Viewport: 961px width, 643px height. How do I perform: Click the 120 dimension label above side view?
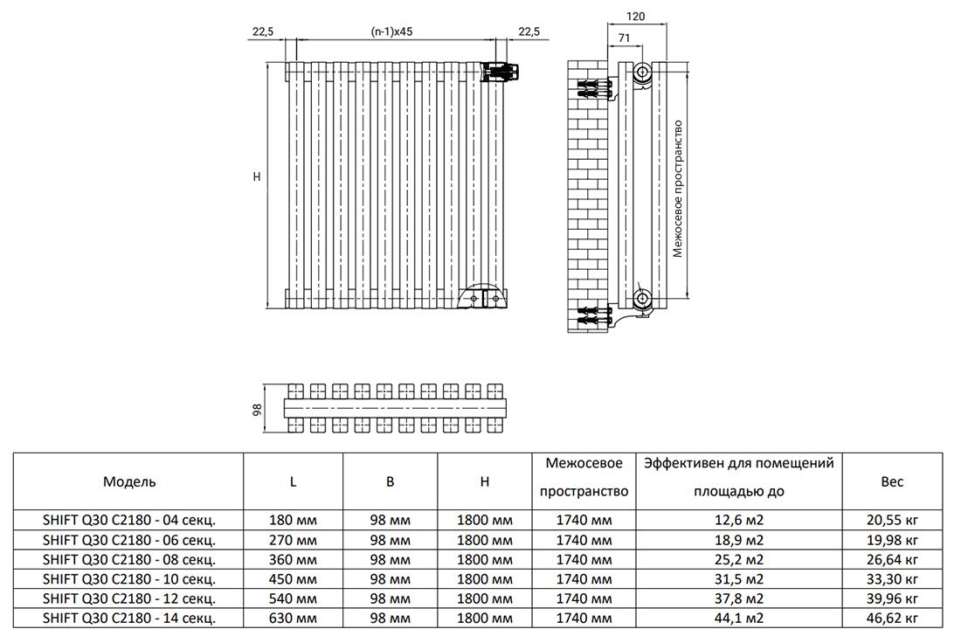point(635,17)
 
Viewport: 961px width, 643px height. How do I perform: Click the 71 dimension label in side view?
point(624,38)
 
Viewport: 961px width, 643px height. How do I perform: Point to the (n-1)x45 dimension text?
point(391,31)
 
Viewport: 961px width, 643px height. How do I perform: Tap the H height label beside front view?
point(257,176)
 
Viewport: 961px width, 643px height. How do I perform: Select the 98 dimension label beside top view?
point(258,410)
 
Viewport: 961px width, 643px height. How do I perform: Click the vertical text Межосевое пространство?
point(677,188)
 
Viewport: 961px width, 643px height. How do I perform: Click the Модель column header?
point(129,481)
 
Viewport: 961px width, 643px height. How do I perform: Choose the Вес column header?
point(892,481)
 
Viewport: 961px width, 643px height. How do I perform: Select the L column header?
point(293,481)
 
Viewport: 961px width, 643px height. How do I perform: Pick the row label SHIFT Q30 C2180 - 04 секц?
point(129,521)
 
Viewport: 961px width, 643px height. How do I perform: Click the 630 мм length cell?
point(293,618)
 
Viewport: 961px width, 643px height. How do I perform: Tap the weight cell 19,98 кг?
point(892,540)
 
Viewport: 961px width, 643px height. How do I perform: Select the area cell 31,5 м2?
point(739,579)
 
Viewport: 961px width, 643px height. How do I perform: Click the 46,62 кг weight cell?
point(892,618)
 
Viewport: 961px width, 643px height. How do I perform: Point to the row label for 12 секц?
point(129,598)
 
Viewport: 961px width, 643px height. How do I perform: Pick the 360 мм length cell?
point(293,560)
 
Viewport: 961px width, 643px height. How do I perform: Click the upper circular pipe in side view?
point(642,73)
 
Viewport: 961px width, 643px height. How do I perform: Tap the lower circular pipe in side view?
point(642,299)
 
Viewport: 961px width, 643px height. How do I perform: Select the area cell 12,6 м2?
point(739,521)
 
